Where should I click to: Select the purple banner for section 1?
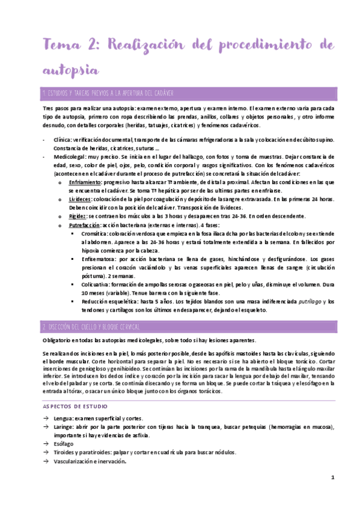click(180, 93)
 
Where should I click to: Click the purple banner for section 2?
click(180, 327)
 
